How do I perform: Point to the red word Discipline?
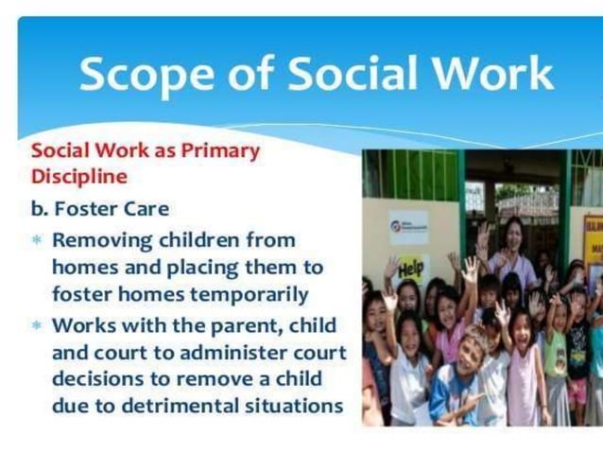[79, 177]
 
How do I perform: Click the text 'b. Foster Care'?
[95, 208]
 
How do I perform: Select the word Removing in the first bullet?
[103, 239]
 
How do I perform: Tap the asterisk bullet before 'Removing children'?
[38, 240]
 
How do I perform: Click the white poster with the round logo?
[408, 228]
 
